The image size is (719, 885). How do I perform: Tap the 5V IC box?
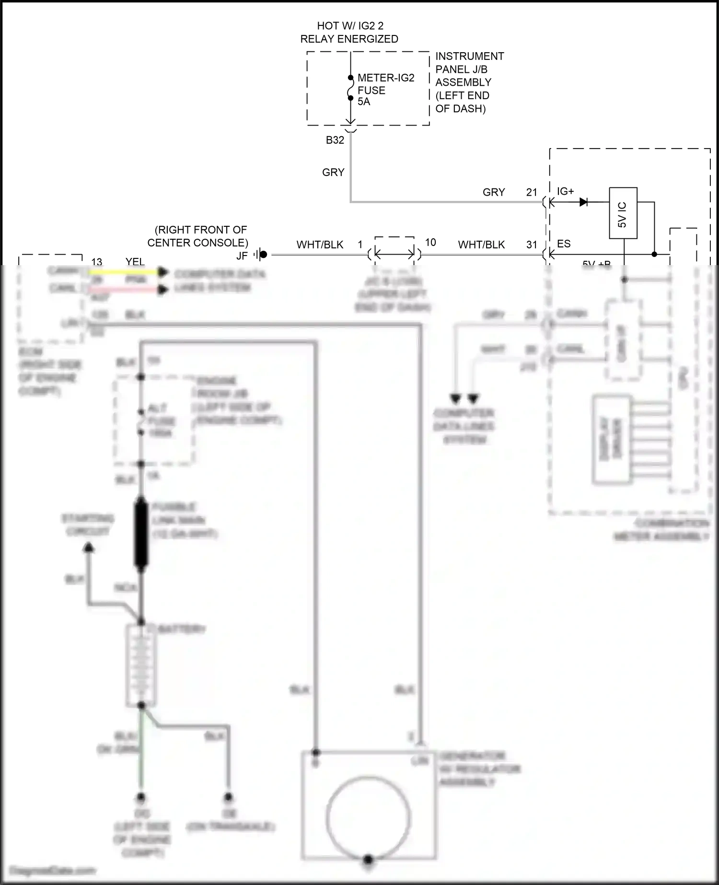click(623, 213)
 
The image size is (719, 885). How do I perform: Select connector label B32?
click(335, 140)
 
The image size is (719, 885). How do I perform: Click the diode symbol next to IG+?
click(584, 202)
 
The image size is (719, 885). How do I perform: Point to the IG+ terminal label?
click(565, 191)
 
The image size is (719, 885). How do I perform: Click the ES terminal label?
click(563, 244)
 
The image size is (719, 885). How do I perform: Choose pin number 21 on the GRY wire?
click(531, 192)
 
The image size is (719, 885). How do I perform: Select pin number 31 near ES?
click(531, 245)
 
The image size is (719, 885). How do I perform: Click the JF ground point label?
click(242, 256)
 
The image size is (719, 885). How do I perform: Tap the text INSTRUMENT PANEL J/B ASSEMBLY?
click(469, 82)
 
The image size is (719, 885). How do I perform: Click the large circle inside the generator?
click(368, 817)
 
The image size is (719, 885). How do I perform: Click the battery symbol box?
click(141, 665)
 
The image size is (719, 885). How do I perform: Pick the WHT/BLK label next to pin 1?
click(320, 245)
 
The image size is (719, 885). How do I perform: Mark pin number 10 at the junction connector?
click(430, 242)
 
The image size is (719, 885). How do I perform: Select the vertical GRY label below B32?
click(333, 172)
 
